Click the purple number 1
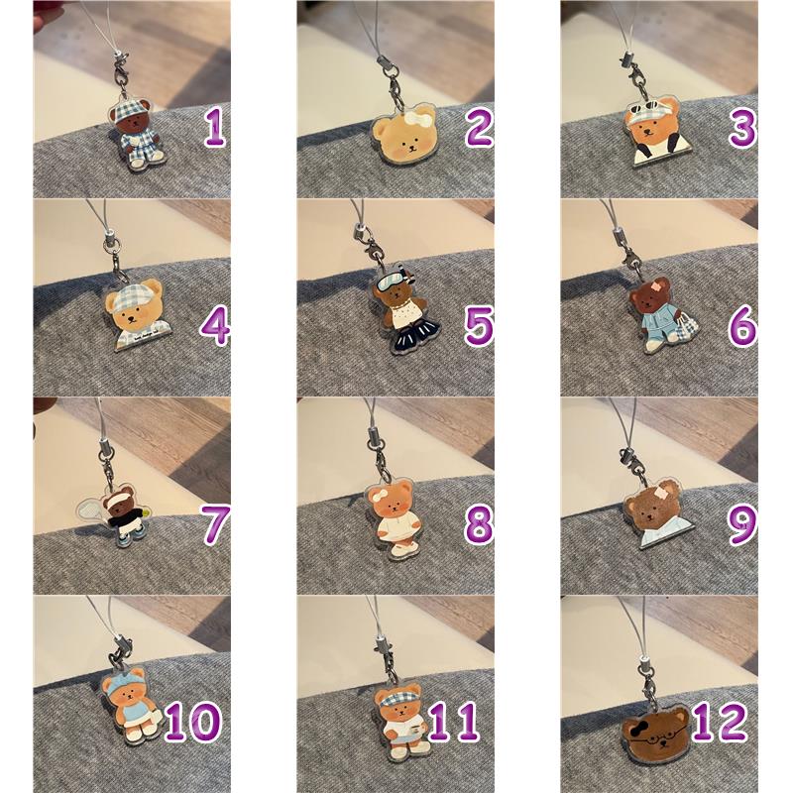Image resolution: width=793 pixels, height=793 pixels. coord(215,127)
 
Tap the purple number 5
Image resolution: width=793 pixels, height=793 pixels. coord(479,326)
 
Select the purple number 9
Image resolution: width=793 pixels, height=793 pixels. coord(742,524)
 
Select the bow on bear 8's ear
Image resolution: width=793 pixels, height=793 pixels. coord(379,495)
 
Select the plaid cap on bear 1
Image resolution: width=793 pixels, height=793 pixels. coord(128,112)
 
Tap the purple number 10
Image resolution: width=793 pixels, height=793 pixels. coord(193,723)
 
